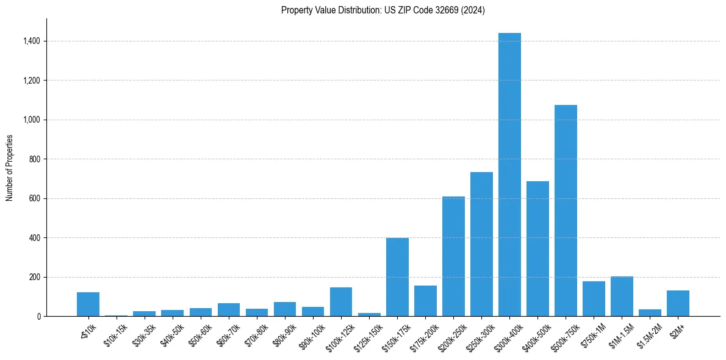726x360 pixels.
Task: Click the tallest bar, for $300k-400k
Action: (x=509, y=175)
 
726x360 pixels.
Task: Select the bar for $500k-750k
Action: (x=566, y=211)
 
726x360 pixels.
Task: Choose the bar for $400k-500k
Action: (x=537, y=249)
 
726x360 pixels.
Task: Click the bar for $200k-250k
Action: (x=453, y=256)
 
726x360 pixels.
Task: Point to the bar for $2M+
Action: (x=678, y=303)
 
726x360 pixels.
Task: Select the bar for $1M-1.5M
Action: (x=622, y=297)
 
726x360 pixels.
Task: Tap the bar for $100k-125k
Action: (x=341, y=302)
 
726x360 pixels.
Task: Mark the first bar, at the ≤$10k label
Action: (x=88, y=304)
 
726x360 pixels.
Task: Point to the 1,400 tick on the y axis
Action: (x=31, y=41)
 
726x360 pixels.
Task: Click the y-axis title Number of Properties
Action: (x=9, y=167)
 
